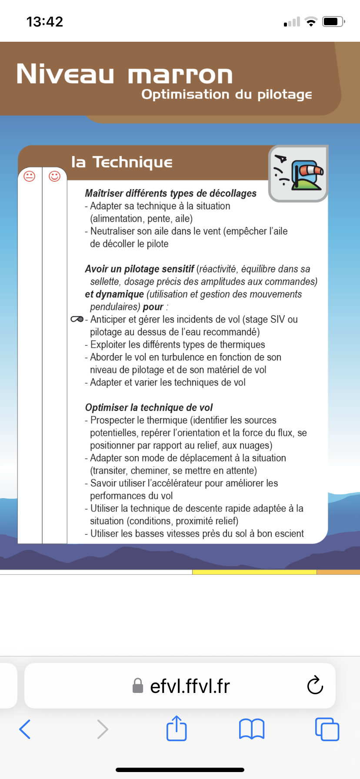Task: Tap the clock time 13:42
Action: point(45,22)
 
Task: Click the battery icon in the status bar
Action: point(333,21)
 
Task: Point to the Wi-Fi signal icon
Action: point(311,22)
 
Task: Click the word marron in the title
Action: point(180,75)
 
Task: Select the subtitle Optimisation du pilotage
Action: point(227,95)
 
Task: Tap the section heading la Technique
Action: point(122,162)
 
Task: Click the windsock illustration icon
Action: point(298,174)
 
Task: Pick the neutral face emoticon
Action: point(30,176)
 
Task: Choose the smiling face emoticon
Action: point(54,176)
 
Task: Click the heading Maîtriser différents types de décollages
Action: point(170,193)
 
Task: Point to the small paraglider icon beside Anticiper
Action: point(77,320)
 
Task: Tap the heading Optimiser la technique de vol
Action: point(149,408)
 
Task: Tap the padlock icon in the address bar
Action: point(138,686)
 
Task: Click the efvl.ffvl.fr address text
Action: point(190,686)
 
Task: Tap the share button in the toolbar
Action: point(177,729)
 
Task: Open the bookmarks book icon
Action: point(252,729)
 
